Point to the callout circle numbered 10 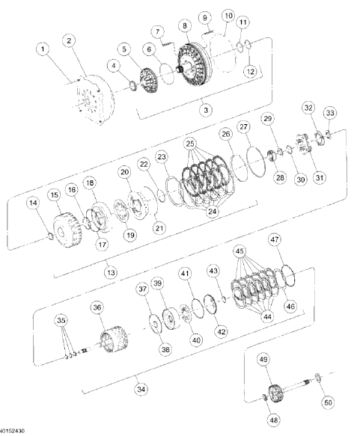click(x=228, y=16)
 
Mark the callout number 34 click(x=141, y=388)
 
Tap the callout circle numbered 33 click(x=329, y=113)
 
